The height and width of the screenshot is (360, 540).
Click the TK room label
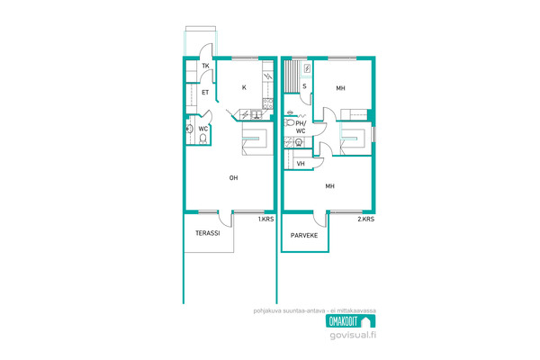click(x=205, y=66)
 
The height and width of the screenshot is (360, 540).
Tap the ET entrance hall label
click(x=205, y=93)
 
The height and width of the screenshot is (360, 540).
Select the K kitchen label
click(x=244, y=87)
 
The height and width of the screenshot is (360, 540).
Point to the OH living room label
click(x=233, y=178)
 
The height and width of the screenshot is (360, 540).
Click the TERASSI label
click(x=208, y=233)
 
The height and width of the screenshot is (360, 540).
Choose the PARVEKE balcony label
click(x=304, y=236)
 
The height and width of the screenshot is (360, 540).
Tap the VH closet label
click(x=301, y=164)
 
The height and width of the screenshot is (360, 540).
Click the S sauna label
click(x=304, y=86)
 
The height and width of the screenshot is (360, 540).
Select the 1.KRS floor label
click(x=265, y=219)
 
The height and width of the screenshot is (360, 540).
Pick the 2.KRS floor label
click(x=366, y=219)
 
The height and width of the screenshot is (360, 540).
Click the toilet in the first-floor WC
click(x=202, y=139)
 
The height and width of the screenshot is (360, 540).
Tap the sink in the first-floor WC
click(x=189, y=130)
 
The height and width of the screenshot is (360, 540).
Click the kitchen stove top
click(x=268, y=103)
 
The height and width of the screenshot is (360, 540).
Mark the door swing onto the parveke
click(x=319, y=219)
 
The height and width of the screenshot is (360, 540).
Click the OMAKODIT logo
click(x=351, y=321)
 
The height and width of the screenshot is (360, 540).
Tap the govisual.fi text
click(x=353, y=335)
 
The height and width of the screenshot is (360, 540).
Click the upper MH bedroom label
click(x=340, y=88)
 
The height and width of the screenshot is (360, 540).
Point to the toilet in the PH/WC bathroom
click(x=289, y=122)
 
